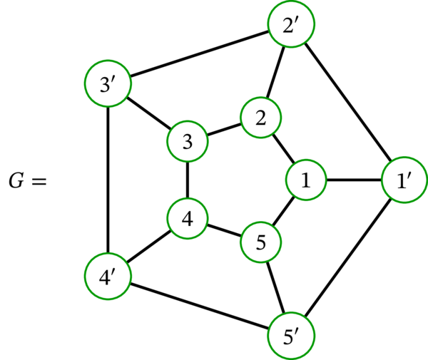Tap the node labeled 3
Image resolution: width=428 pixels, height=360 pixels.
(x=187, y=142)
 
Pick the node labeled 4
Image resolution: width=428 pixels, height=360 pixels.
(x=187, y=219)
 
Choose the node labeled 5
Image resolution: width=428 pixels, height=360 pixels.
(x=261, y=242)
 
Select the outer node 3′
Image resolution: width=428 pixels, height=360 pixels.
(x=106, y=85)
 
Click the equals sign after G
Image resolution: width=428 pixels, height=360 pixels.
(x=38, y=182)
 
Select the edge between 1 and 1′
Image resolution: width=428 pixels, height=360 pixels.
(x=353, y=180)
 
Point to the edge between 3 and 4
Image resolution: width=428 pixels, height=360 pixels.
(x=187, y=180)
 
